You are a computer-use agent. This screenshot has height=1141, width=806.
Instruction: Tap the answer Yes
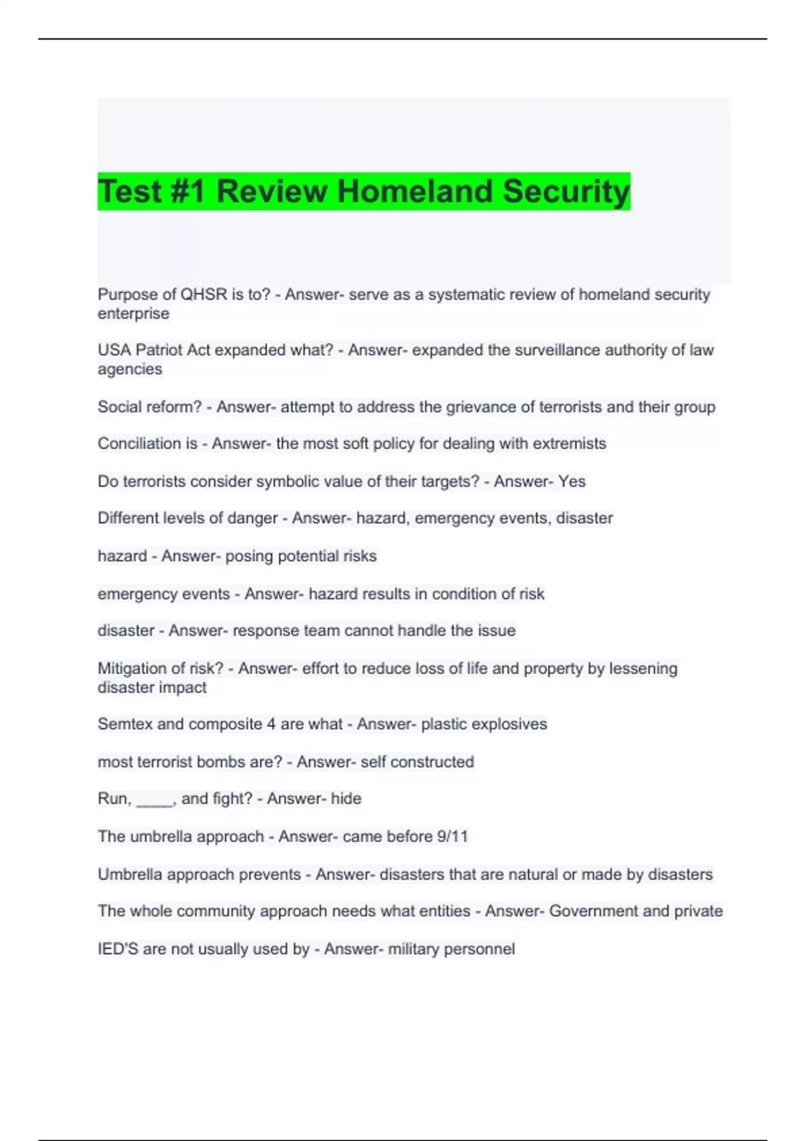pyautogui.click(x=572, y=481)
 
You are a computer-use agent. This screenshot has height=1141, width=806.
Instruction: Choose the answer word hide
pyautogui.click(x=346, y=799)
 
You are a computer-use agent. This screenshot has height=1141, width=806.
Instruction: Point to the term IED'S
pyautogui.click(x=118, y=949)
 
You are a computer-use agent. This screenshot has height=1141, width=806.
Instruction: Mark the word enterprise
pyautogui.click(x=133, y=314)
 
